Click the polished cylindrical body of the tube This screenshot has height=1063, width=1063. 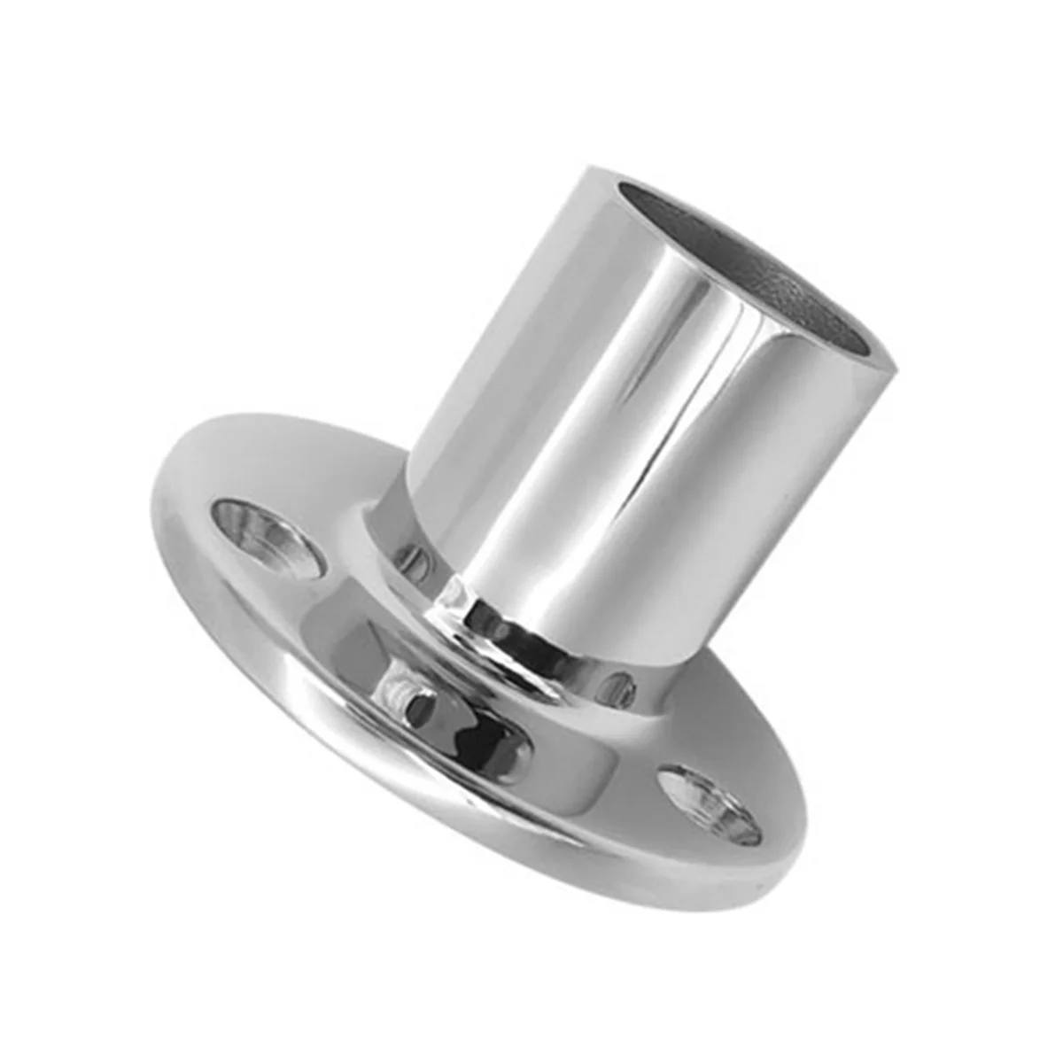coord(620,425)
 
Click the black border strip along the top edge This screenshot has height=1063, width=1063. coord(531,42)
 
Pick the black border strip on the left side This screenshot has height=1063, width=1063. coord(42,531)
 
